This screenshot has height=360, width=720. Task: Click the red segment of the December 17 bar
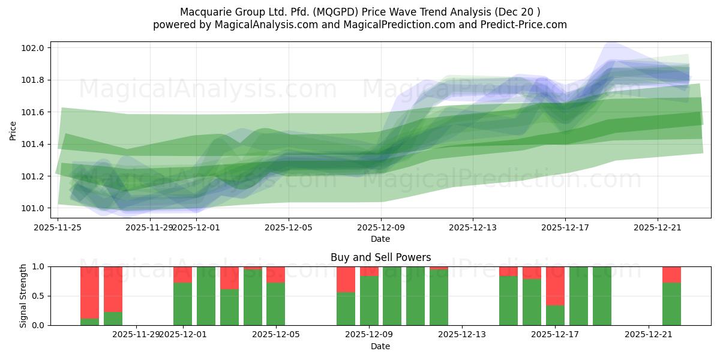pos(555,286)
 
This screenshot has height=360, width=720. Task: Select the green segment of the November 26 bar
pos(89,322)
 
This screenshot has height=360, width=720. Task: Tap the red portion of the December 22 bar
pos(671,274)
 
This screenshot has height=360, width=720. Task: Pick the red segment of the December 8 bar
pos(346,279)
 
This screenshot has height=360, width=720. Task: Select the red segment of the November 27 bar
pos(113,289)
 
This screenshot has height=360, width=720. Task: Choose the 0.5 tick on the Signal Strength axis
pos(39,296)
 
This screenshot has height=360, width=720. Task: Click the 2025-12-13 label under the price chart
pos(473,227)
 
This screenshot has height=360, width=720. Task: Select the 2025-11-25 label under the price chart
pos(58,227)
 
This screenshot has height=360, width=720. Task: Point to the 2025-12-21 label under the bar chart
pos(649,334)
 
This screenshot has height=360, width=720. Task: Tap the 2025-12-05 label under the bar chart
pos(276,334)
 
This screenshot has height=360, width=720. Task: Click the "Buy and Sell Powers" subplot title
pos(380,257)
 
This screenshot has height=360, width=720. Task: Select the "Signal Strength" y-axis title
pos(23,296)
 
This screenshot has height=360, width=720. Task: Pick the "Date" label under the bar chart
pos(380,346)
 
